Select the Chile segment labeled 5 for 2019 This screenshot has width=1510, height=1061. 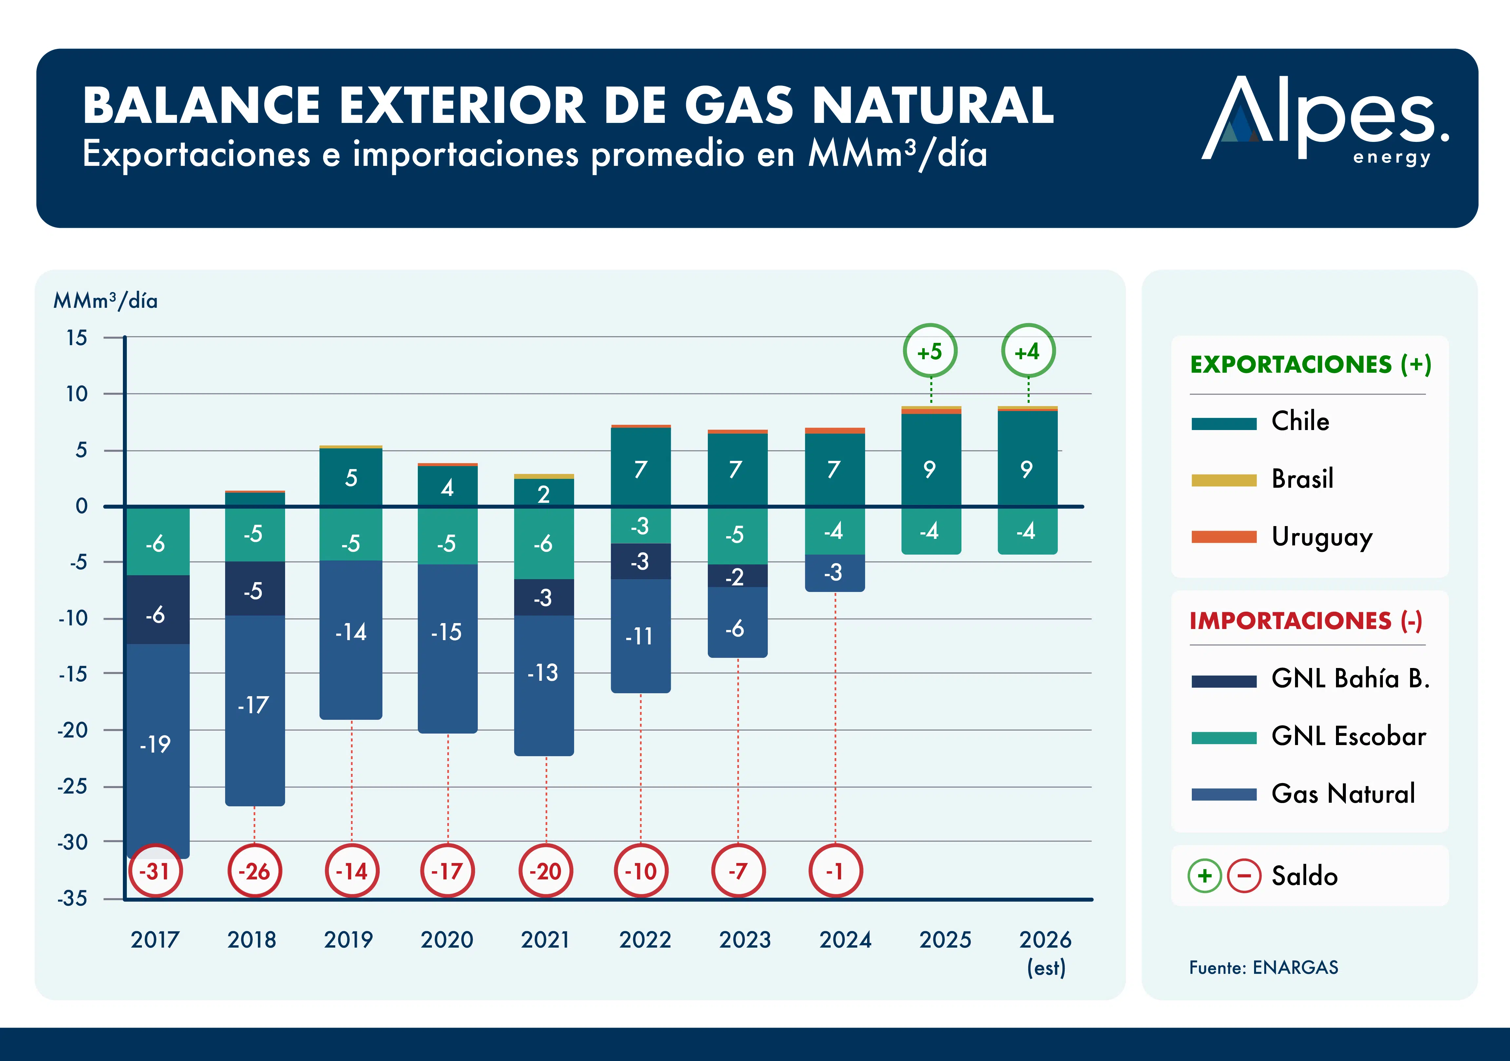[x=351, y=478]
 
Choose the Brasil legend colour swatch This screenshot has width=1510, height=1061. [x=1224, y=480]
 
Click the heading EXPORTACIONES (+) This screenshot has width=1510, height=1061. [x=1311, y=364]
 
